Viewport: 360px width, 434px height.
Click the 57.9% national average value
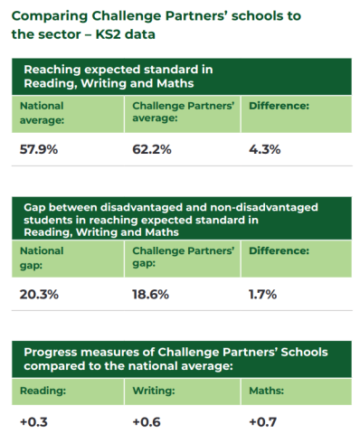39,149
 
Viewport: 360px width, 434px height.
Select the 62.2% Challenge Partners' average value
152,149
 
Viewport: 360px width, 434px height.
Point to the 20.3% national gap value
39,294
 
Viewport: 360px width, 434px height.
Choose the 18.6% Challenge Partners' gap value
151,294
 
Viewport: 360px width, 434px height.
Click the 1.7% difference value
262,294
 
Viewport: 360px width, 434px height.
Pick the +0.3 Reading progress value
34,421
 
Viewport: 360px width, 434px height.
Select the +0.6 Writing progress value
147,421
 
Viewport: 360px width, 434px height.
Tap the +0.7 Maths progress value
262,421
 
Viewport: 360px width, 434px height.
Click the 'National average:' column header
43,112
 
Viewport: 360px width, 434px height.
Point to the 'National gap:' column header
43,257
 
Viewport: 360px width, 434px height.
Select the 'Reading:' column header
43,392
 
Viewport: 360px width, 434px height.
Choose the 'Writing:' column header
155,392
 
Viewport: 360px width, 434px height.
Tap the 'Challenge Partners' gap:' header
184,257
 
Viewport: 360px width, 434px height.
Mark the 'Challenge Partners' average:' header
184,112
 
